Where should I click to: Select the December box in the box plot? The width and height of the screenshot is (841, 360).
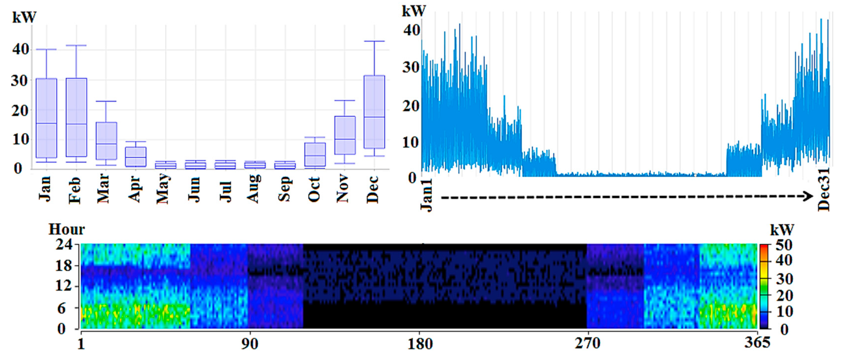pyautogui.click(x=374, y=112)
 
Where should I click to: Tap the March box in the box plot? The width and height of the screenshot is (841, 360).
pyautogui.click(x=106, y=141)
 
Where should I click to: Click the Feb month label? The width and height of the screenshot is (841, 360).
pyautogui.click(x=75, y=190)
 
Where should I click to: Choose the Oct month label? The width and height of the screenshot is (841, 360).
pyautogui.click(x=314, y=189)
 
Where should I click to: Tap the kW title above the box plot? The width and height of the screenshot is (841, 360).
pyautogui.click(x=24, y=17)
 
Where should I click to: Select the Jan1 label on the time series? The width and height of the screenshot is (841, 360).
pyautogui.click(x=426, y=195)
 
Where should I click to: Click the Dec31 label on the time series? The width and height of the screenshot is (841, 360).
pyautogui.click(x=823, y=189)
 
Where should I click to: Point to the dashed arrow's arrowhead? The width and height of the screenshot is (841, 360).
pyautogui.click(x=808, y=196)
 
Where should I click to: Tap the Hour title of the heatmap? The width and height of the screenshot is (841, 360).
pyautogui.click(x=67, y=229)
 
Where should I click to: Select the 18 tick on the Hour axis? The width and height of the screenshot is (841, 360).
pyautogui.click(x=63, y=266)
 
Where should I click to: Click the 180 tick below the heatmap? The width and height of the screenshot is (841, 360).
pyautogui.click(x=420, y=344)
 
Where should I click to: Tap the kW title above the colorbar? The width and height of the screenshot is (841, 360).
pyautogui.click(x=782, y=230)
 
